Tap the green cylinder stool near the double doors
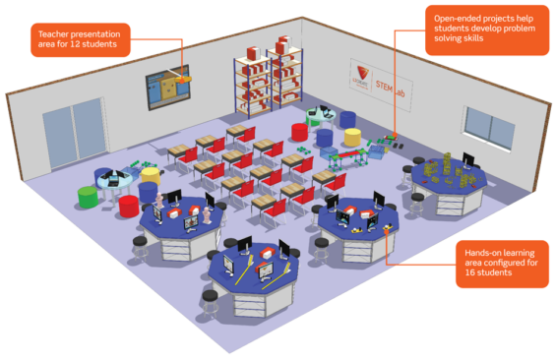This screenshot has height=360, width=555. click(x=88, y=196)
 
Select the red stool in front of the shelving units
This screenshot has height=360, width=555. click(x=299, y=132)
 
